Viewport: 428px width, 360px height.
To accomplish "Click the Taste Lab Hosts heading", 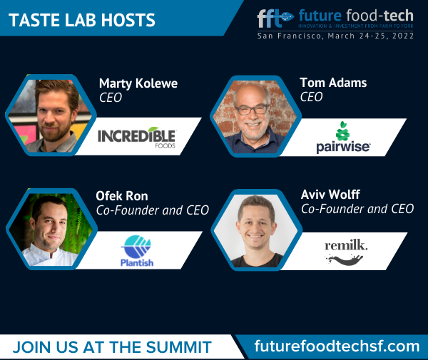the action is (82, 20).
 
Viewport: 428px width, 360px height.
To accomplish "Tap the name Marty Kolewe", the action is (138, 83).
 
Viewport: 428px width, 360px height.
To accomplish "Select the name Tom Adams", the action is (333, 83).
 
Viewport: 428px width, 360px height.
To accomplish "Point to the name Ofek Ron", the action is (122, 196).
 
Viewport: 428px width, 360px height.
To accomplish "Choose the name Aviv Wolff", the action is (330, 195).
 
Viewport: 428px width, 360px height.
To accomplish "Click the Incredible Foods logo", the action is (137, 138).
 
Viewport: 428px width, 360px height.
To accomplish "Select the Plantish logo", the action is (137, 250).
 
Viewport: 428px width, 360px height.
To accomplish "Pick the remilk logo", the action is (346, 252).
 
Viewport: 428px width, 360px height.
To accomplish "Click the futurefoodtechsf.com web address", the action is (337, 346).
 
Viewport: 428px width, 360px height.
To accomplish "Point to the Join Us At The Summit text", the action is (112, 347).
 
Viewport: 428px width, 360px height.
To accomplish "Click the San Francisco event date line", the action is (335, 36).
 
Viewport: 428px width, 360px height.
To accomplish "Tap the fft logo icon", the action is (275, 19).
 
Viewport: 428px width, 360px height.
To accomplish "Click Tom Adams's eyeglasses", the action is (253, 110).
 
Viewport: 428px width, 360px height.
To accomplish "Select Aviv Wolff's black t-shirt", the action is (257, 261).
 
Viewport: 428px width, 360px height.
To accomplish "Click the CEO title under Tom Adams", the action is (312, 97).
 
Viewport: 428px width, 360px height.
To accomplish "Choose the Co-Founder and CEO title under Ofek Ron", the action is (153, 210).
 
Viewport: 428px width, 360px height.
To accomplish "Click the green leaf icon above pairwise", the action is (343, 131).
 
